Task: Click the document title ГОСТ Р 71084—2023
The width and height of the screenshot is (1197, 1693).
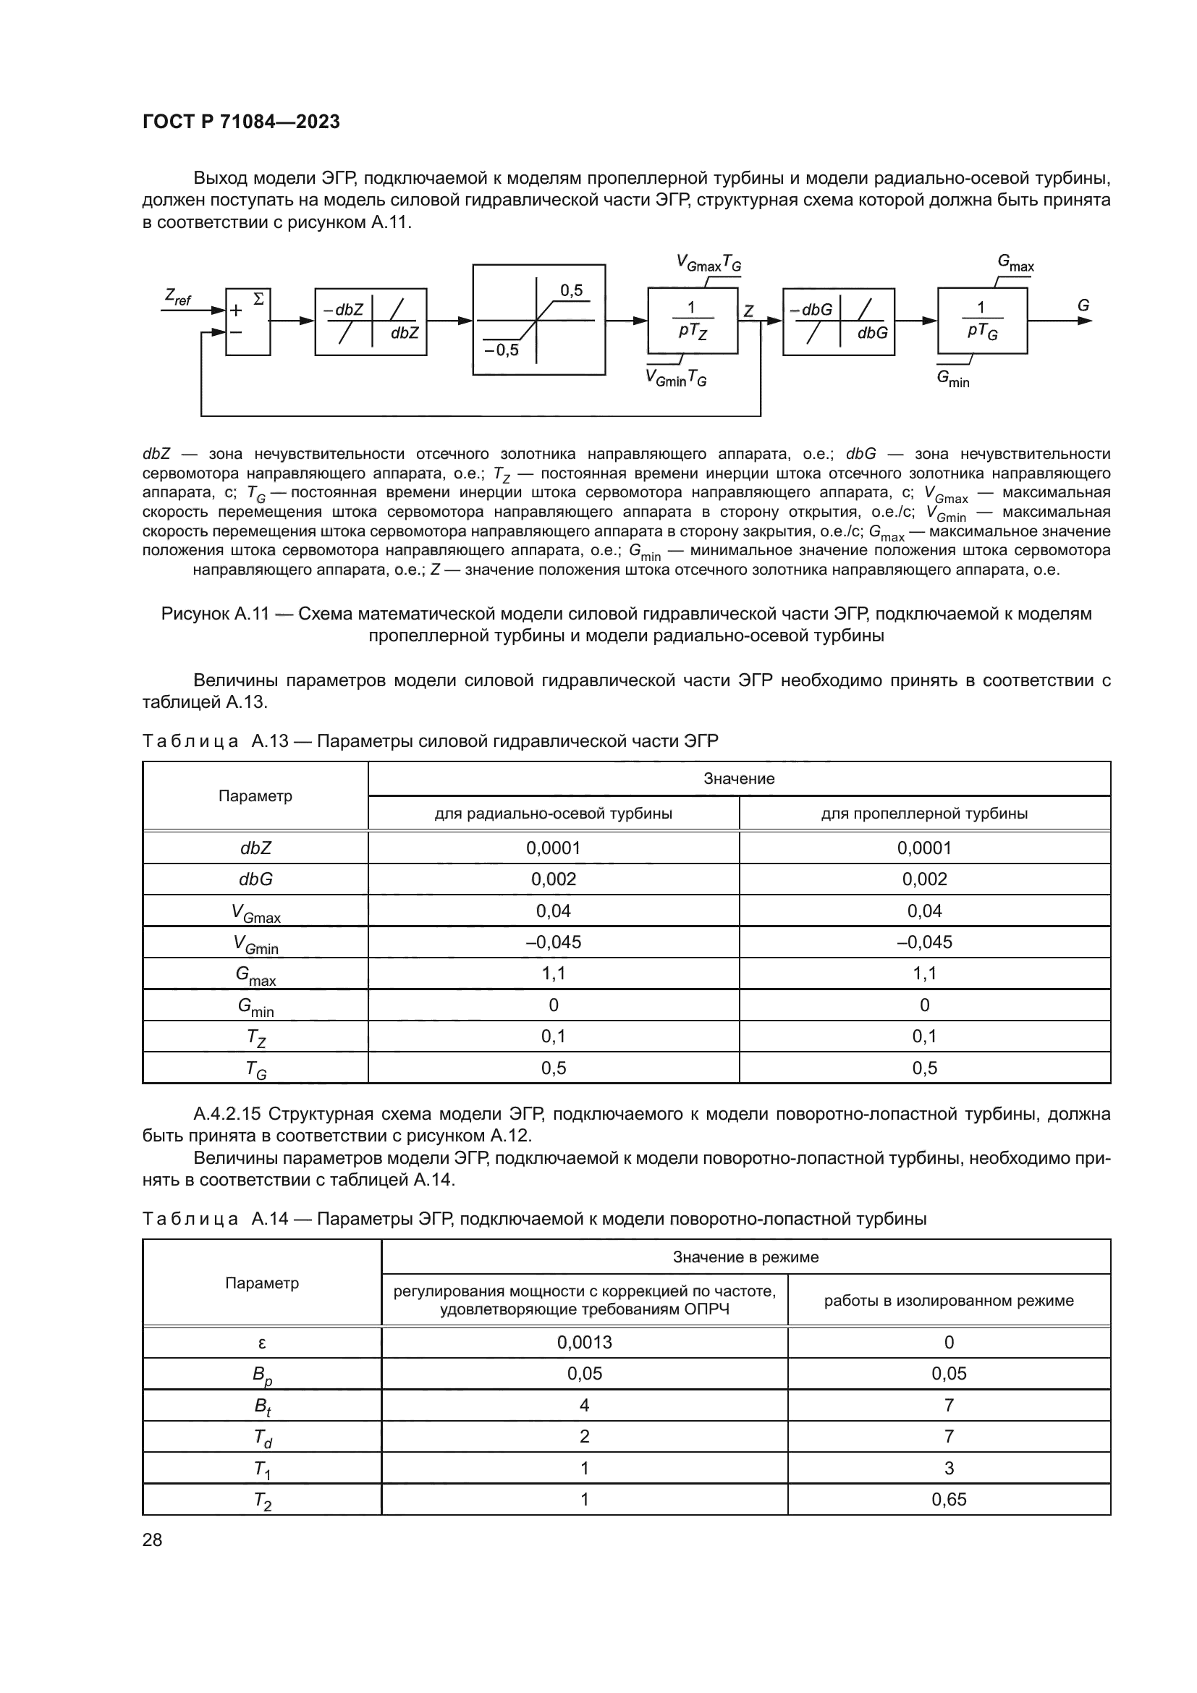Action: tap(241, 122)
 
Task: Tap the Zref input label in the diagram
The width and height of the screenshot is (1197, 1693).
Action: tap(177, 297)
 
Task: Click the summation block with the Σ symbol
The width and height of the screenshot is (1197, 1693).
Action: tap(248, 321)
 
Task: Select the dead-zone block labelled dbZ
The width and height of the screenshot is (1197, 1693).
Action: tap(371, 321)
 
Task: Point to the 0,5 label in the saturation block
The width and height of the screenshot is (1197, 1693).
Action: tap(571, 290)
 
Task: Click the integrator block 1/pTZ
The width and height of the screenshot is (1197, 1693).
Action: tap(692, 321)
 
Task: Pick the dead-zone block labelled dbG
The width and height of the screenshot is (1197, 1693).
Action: tap(838, 321)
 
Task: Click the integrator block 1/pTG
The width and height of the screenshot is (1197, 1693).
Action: tap(982, 321)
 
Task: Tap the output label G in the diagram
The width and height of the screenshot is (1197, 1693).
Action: tap(1083, 305)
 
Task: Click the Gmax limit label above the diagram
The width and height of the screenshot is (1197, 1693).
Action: tap(1015, 263)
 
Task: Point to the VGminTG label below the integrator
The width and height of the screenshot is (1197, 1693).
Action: tap(676, 379)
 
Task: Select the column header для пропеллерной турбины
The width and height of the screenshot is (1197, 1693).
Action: tap(924, 814)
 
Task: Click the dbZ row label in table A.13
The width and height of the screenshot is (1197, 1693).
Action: tap(255, 848)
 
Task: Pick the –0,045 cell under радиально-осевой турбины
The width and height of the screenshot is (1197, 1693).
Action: tap(554, 942)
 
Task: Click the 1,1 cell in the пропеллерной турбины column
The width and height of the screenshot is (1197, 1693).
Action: tap(924, 974)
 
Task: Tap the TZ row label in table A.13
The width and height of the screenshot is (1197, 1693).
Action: tap(255, 1037)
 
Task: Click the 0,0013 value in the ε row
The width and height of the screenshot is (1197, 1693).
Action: tap(585, 1341)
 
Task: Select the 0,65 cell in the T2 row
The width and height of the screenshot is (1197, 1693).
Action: tap(949, 1499)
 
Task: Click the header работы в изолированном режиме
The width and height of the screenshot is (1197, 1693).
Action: tap(949, 1300)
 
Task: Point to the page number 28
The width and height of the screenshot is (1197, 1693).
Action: tap(153, 1540)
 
